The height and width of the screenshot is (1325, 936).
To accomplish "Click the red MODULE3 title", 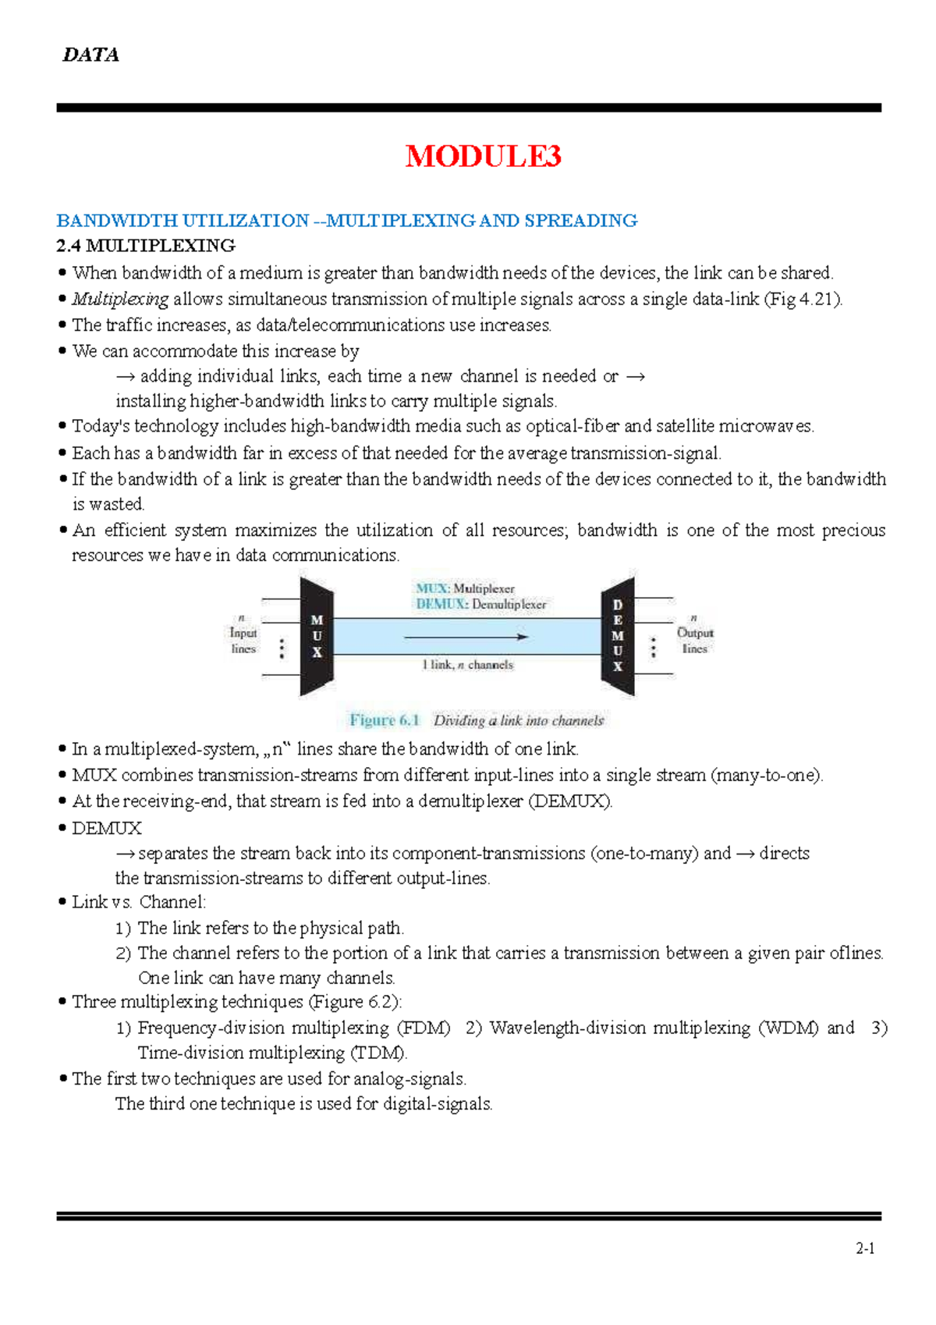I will click(483, 156).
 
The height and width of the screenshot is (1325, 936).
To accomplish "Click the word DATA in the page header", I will click(90, 55).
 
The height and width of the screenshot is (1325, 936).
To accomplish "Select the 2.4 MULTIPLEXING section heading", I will click(146, 246).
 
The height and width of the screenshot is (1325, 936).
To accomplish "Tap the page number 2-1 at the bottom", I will click(864, 1249).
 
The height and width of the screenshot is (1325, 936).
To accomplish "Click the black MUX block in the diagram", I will click(317, 636).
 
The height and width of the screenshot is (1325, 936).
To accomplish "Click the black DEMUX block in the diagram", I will click(618, 636).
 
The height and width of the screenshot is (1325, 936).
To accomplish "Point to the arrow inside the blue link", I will click(466, 637).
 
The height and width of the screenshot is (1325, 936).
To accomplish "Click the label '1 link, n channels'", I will click(467, 665).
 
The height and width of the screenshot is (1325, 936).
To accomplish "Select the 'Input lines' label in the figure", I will click(243, 640).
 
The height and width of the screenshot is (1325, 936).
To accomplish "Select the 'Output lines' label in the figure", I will click(694, 640).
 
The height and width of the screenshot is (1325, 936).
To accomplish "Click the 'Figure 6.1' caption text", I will click(385, 720).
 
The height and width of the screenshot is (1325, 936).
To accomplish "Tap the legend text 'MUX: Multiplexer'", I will click(465, 588).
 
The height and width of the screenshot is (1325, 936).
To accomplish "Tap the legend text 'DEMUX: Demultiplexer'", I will click(480, 604).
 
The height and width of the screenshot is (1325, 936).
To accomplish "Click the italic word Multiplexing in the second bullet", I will click(120, 299).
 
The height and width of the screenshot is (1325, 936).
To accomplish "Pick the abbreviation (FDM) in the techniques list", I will click(424, 1028).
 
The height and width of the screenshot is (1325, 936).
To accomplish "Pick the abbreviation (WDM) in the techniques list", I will click(788, 1028).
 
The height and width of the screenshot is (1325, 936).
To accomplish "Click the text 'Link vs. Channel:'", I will click(139, 902).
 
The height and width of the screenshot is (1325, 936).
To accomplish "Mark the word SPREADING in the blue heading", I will click(581, 221).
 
